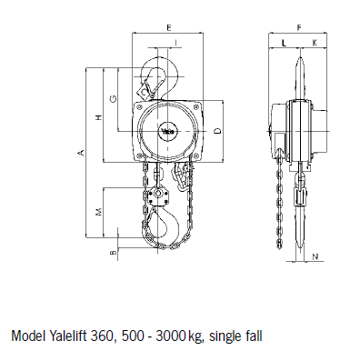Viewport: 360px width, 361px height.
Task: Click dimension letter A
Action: [81, 153]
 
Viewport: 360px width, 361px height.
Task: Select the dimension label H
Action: [98, 117]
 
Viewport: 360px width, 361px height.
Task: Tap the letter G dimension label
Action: [113, 98]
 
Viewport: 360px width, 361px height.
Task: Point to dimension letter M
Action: [99, 212]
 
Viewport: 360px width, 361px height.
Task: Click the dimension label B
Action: [113, 253]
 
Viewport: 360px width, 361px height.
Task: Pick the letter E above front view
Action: [169, 28]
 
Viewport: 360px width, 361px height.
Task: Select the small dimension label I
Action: [175, 44]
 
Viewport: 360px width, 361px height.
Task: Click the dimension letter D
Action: [217, 131]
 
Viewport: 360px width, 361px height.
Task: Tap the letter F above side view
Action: [299, 28]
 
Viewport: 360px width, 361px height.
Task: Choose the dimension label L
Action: [284, 44]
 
